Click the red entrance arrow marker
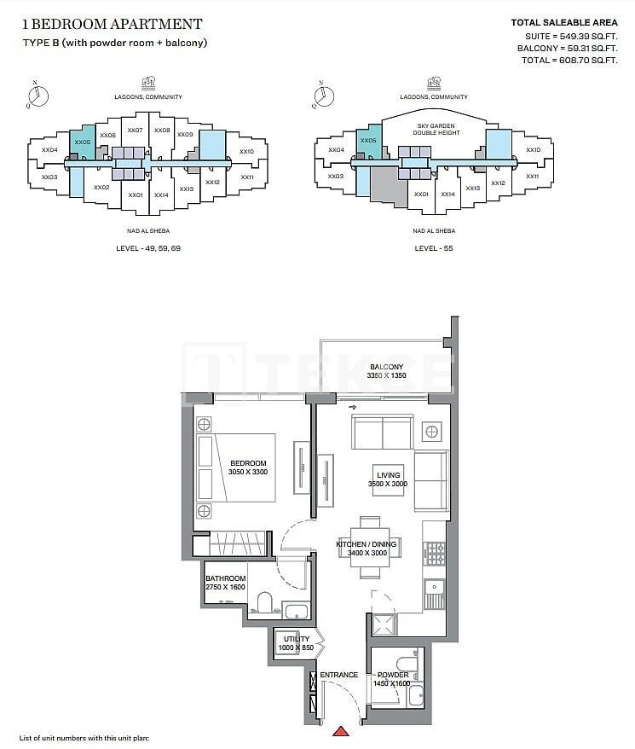tap(343, 730)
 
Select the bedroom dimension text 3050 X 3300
tap(248, 472)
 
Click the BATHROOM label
tap(225, 578)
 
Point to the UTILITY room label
tap(297, 639)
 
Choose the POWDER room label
tap(393, 675)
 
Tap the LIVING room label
tap(388, 476)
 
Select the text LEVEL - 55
tap(433, 248)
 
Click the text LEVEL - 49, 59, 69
tap(148, 248)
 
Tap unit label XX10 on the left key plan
tap(246, 151)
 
